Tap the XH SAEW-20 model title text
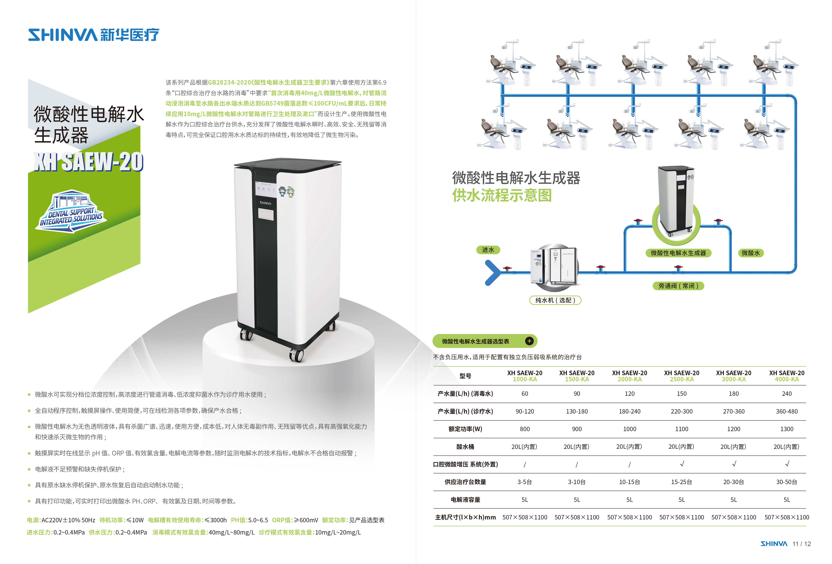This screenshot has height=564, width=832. coord(88,162)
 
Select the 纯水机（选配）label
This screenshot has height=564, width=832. coord(555,300)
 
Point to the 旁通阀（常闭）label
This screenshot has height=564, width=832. coord(678,286)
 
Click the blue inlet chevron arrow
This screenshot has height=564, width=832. coord(492,272)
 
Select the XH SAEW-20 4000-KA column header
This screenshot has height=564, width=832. coord(787,376)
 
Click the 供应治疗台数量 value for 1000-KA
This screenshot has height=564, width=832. coord(524,482)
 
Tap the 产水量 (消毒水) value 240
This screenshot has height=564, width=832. coord(787,393)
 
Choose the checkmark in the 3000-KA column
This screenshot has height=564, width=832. coord(734,464)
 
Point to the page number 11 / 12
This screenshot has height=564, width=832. coord(801,544)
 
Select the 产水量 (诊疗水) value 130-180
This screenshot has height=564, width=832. coord(577,411)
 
